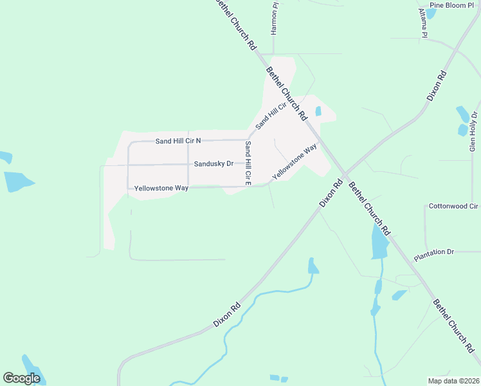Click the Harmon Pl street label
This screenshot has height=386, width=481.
tap(275, 19)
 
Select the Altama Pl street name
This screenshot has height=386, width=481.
tap(423, 24)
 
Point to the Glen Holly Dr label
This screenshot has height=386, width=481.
tap(474, 132)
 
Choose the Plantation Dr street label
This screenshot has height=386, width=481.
tap(434, 252)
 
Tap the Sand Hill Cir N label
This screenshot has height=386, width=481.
tap(178, 140)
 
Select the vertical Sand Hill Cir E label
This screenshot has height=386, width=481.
tap(247, 161)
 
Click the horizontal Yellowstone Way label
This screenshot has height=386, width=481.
tap(161, 188)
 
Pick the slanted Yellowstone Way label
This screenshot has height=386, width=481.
tap(295, 161)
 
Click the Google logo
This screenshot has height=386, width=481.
tap(21, 378)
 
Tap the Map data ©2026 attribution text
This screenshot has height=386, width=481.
tap(454, 381)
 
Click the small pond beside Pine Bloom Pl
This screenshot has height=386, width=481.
tap(430, 12)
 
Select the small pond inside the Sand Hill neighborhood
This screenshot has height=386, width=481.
tap(318, 111)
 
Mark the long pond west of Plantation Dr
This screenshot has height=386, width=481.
tap(379, 241)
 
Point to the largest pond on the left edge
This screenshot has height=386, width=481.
tap(17, 181)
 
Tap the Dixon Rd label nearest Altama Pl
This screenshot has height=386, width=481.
tap(437, 86)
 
